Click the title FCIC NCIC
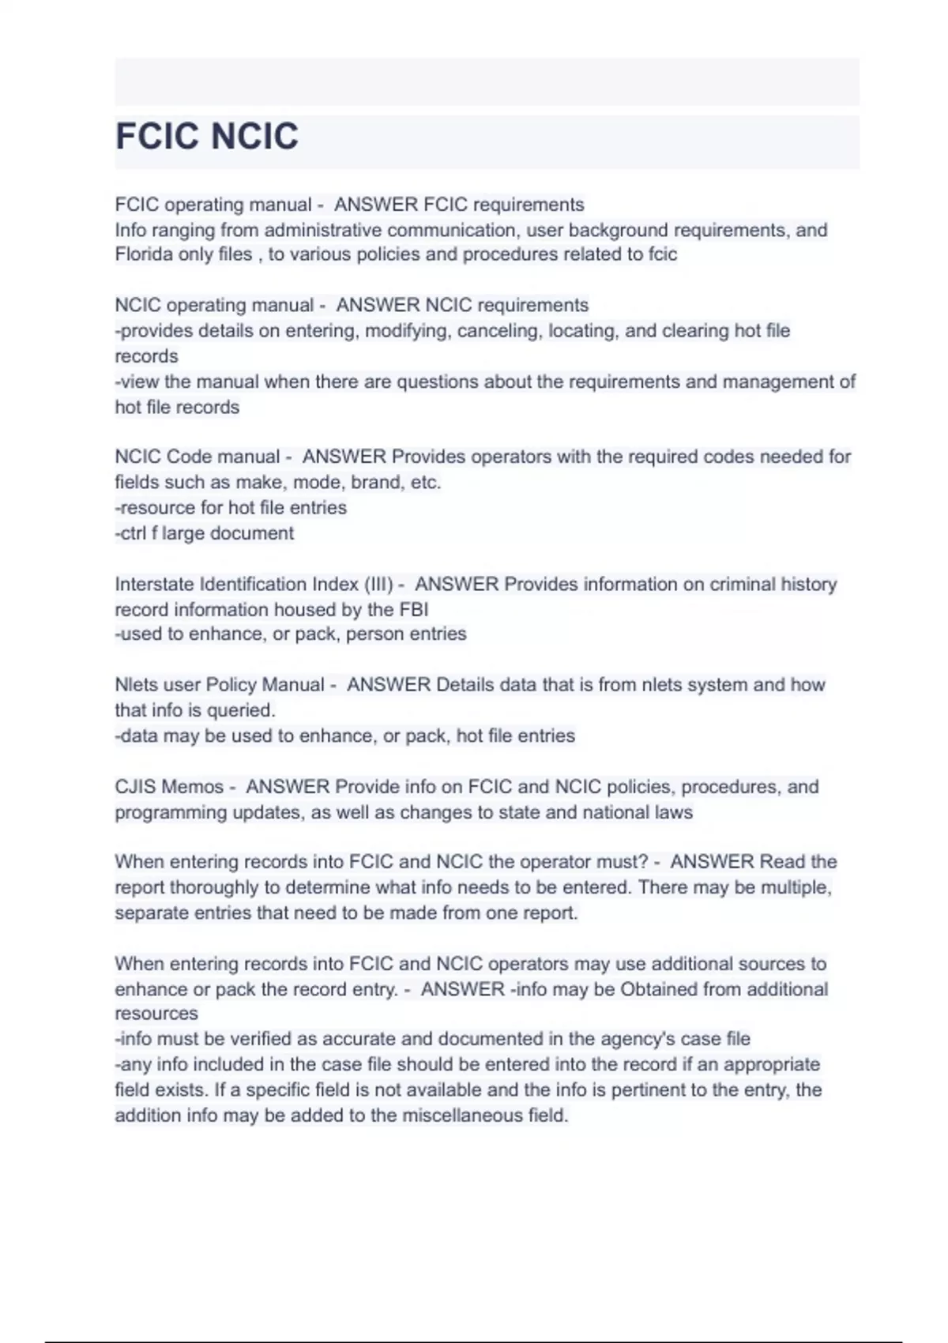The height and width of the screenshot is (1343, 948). [x=207, y=136]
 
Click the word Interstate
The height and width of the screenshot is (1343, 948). [x=154, y=585]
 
